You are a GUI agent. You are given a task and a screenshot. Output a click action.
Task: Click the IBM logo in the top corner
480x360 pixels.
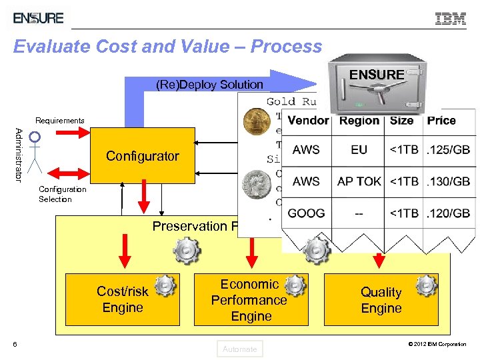click(x=451, y=19)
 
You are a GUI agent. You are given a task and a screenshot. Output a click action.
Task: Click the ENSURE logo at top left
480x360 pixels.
click(x=39, y=18)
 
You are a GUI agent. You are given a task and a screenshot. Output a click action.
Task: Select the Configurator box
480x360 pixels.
click(x=142, y=156)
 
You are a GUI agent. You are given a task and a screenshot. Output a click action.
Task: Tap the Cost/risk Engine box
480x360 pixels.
click(x=123, y=299)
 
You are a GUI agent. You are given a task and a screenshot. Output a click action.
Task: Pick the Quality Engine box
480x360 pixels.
click(x=381, y=299)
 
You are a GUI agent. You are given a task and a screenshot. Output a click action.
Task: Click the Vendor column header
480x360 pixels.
click(x=308, y=121)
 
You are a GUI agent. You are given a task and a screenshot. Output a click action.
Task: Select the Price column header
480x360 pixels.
click(x=441, y=121)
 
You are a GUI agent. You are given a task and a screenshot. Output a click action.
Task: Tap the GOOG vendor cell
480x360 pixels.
click(x=307, y=213)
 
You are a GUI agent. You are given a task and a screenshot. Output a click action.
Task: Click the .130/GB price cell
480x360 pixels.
click(x=449, y=181)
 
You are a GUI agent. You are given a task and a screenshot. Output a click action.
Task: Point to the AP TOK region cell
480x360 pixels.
click(x=359, y=181)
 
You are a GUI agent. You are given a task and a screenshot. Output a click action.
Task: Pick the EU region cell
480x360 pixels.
click(x=359, y=150)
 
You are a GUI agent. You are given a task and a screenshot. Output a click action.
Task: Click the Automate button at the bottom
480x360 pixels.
click(x=240, y=349)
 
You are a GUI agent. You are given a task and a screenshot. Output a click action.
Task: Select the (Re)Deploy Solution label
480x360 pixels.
click(x=209, y=85)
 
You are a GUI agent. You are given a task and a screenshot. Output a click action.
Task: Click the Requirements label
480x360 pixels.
click(x=60, y=121)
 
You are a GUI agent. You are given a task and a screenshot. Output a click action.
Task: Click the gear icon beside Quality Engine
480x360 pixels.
click(x=425, y=285)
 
